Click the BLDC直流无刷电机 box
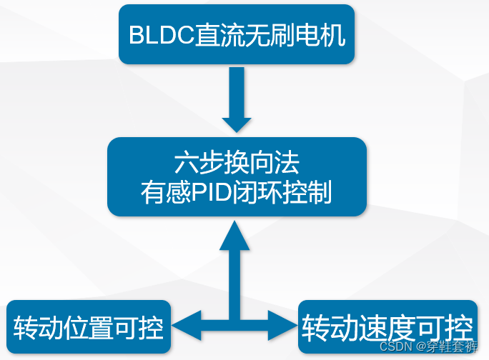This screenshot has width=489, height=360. (237, 34)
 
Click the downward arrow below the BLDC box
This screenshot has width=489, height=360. (237, 101)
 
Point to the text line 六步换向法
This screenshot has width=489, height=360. (237, 164)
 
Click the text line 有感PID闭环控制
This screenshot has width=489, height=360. (237, 193)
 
